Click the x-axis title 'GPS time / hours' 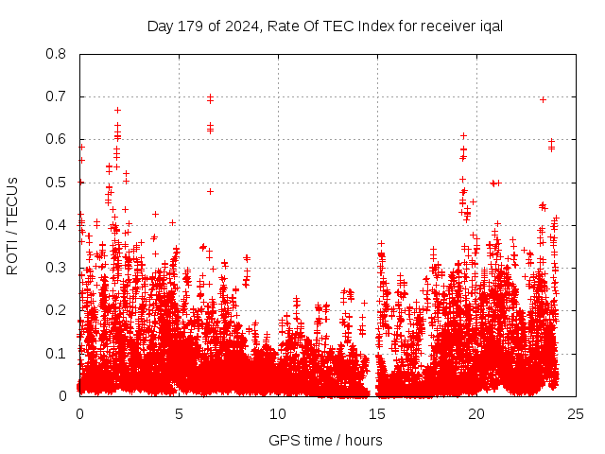[x=325, y=440]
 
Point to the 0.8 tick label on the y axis [x=58, y=54]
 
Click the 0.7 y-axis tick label [x=58, y=96]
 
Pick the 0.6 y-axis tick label [x=58, y=139]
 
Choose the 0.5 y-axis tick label [x=58, y=183]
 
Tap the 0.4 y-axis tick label [x=58, y=225]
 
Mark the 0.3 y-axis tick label [x=58, y=268]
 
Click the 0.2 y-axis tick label [x=58, y=310]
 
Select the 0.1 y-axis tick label [x=58, y=354]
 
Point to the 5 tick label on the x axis [x=179, y=413]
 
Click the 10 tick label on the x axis [x=278, y=413]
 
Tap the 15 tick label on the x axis [x=377, y=413]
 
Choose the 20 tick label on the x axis [x=476, y=413]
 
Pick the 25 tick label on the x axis [x=576, y=413]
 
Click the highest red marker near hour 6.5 [x=210, y=96]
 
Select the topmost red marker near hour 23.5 [x=543, y=99]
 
